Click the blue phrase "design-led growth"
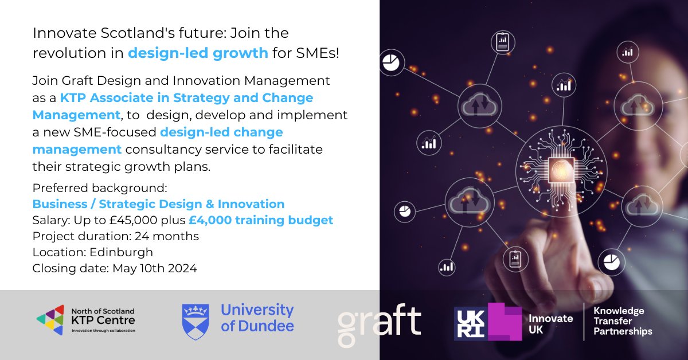198,53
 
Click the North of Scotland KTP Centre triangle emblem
49,319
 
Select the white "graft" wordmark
379,322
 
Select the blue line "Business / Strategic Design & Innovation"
158,204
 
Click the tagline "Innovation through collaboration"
99,331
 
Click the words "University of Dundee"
257,319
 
